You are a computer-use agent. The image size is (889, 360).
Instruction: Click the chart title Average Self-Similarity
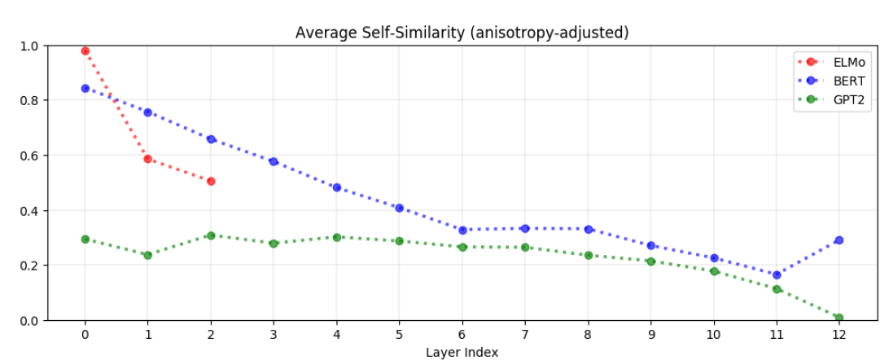462,33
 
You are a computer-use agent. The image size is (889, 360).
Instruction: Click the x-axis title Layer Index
462,352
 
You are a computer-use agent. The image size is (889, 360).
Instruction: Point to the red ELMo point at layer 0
85,51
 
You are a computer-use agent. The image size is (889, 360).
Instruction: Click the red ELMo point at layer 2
211,182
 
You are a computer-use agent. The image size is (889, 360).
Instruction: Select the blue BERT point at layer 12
839,240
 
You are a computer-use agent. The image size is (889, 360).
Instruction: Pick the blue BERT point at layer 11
776,275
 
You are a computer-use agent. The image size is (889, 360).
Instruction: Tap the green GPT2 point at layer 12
839,318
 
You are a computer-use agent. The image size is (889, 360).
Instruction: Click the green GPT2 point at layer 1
147,255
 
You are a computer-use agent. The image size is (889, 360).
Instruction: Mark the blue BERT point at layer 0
85,88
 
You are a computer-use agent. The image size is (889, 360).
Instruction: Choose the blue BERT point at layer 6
462,230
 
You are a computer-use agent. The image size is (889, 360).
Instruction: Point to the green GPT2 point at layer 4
336,237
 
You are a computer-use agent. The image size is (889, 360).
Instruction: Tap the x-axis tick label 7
525,334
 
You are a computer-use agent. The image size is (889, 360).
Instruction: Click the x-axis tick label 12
839,334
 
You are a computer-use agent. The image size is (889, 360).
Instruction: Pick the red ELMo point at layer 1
147,159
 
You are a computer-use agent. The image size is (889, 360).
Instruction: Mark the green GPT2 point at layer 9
650,261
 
